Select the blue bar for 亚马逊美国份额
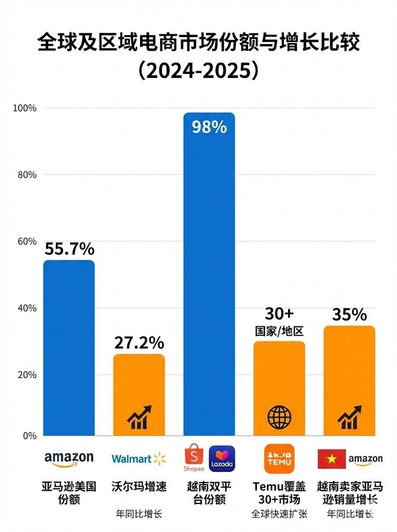tap(69, 348)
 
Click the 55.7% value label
tap(69, 249)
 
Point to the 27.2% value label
tap(139, 342)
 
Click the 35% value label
tap(349, 315)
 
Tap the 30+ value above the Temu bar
tap(279, 314)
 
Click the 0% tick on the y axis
tap(29, 435)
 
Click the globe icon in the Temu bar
tap(279, 417)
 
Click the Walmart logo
tap(139, 458)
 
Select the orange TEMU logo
tap(279, 458)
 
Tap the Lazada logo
tap(222, 458)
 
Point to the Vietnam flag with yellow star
tap(332, 459)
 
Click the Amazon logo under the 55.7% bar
tap(69, 459)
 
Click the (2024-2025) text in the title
tap(198, 71)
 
